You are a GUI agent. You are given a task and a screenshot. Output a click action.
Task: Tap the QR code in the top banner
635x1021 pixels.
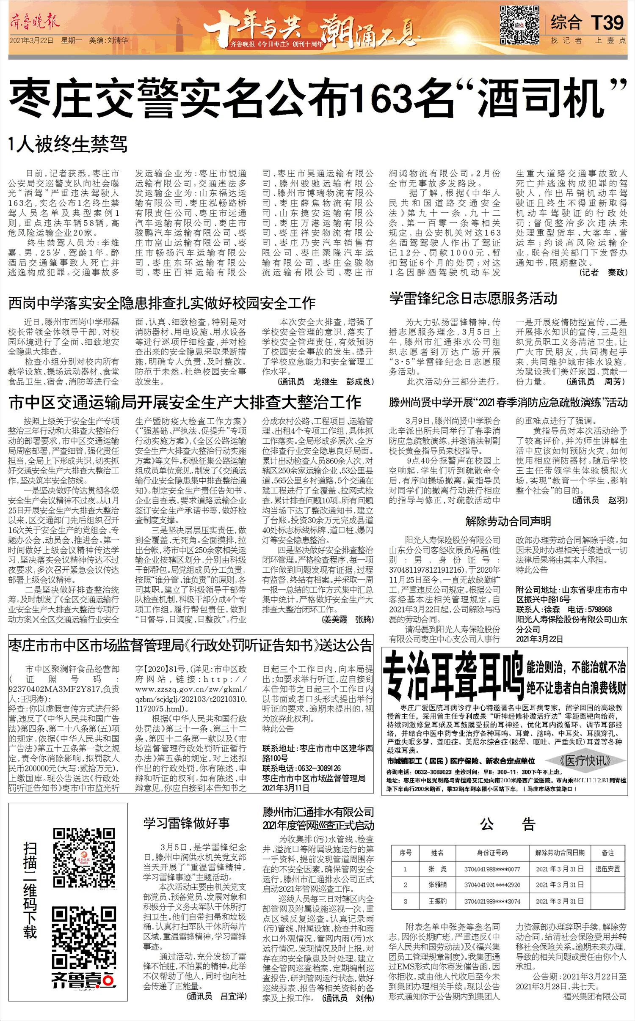(x=520, y=25)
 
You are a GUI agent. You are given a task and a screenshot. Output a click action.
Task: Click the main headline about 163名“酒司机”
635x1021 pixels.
(x=317, y=99)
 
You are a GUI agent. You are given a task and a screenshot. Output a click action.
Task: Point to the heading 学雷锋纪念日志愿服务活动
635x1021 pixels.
(x=473, y=299)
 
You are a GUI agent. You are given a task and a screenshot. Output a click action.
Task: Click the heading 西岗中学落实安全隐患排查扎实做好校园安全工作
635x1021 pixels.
(x=162, y=303)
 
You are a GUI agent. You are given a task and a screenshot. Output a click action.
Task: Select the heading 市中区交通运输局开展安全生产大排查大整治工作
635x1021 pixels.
(x=185, y=402)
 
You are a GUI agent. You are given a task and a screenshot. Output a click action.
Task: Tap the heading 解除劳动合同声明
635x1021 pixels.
(x=508, y=521)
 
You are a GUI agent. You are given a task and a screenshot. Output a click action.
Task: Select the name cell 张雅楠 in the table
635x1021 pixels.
(x=437, y=885)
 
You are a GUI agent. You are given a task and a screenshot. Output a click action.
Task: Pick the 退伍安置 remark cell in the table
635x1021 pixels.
(x=607, y=869)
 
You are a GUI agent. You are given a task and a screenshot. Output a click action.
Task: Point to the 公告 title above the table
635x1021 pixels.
(x=508, y=824)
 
